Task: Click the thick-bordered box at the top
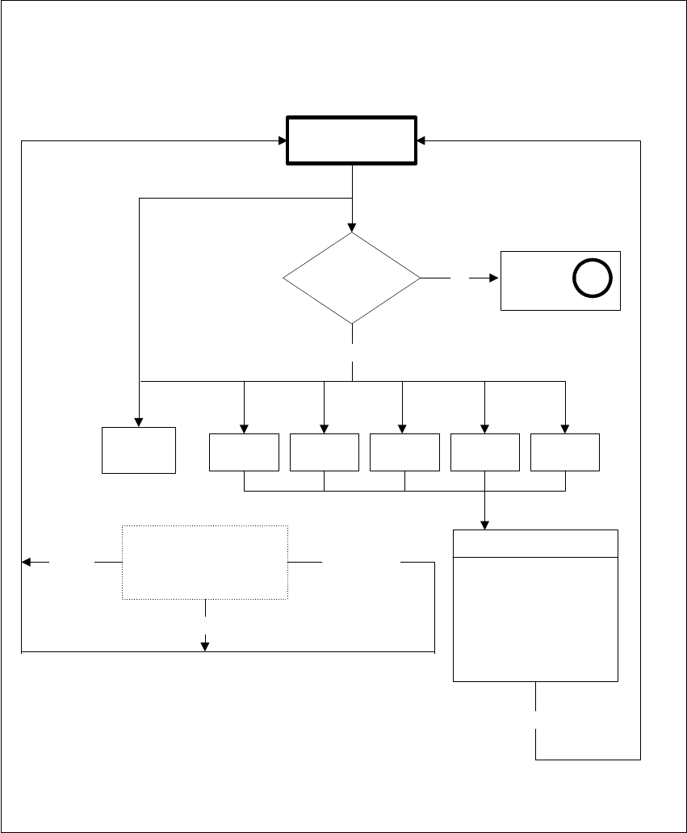(x=352, y=141)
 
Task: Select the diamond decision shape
(x=352, y=278)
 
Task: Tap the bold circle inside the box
(x=593, y=278)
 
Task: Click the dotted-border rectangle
(x=205, y=562)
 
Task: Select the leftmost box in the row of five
(x=244, y=452)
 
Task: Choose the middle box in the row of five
(x=404, y=452)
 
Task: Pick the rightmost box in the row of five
(x=564, y=452)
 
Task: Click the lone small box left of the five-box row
(x=139, y=450)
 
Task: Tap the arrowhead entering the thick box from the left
(x=283, y=141)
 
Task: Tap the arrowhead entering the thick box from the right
(x=421, y=141)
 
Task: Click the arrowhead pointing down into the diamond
(x=352, y=228)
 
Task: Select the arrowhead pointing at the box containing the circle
(x=495, y=278)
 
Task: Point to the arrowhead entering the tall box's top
(x=484, y=525)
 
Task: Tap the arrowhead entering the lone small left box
(x=139, y=422)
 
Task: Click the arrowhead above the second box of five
(x=324, y=429)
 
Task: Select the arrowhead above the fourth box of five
(x=484, y=429)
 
